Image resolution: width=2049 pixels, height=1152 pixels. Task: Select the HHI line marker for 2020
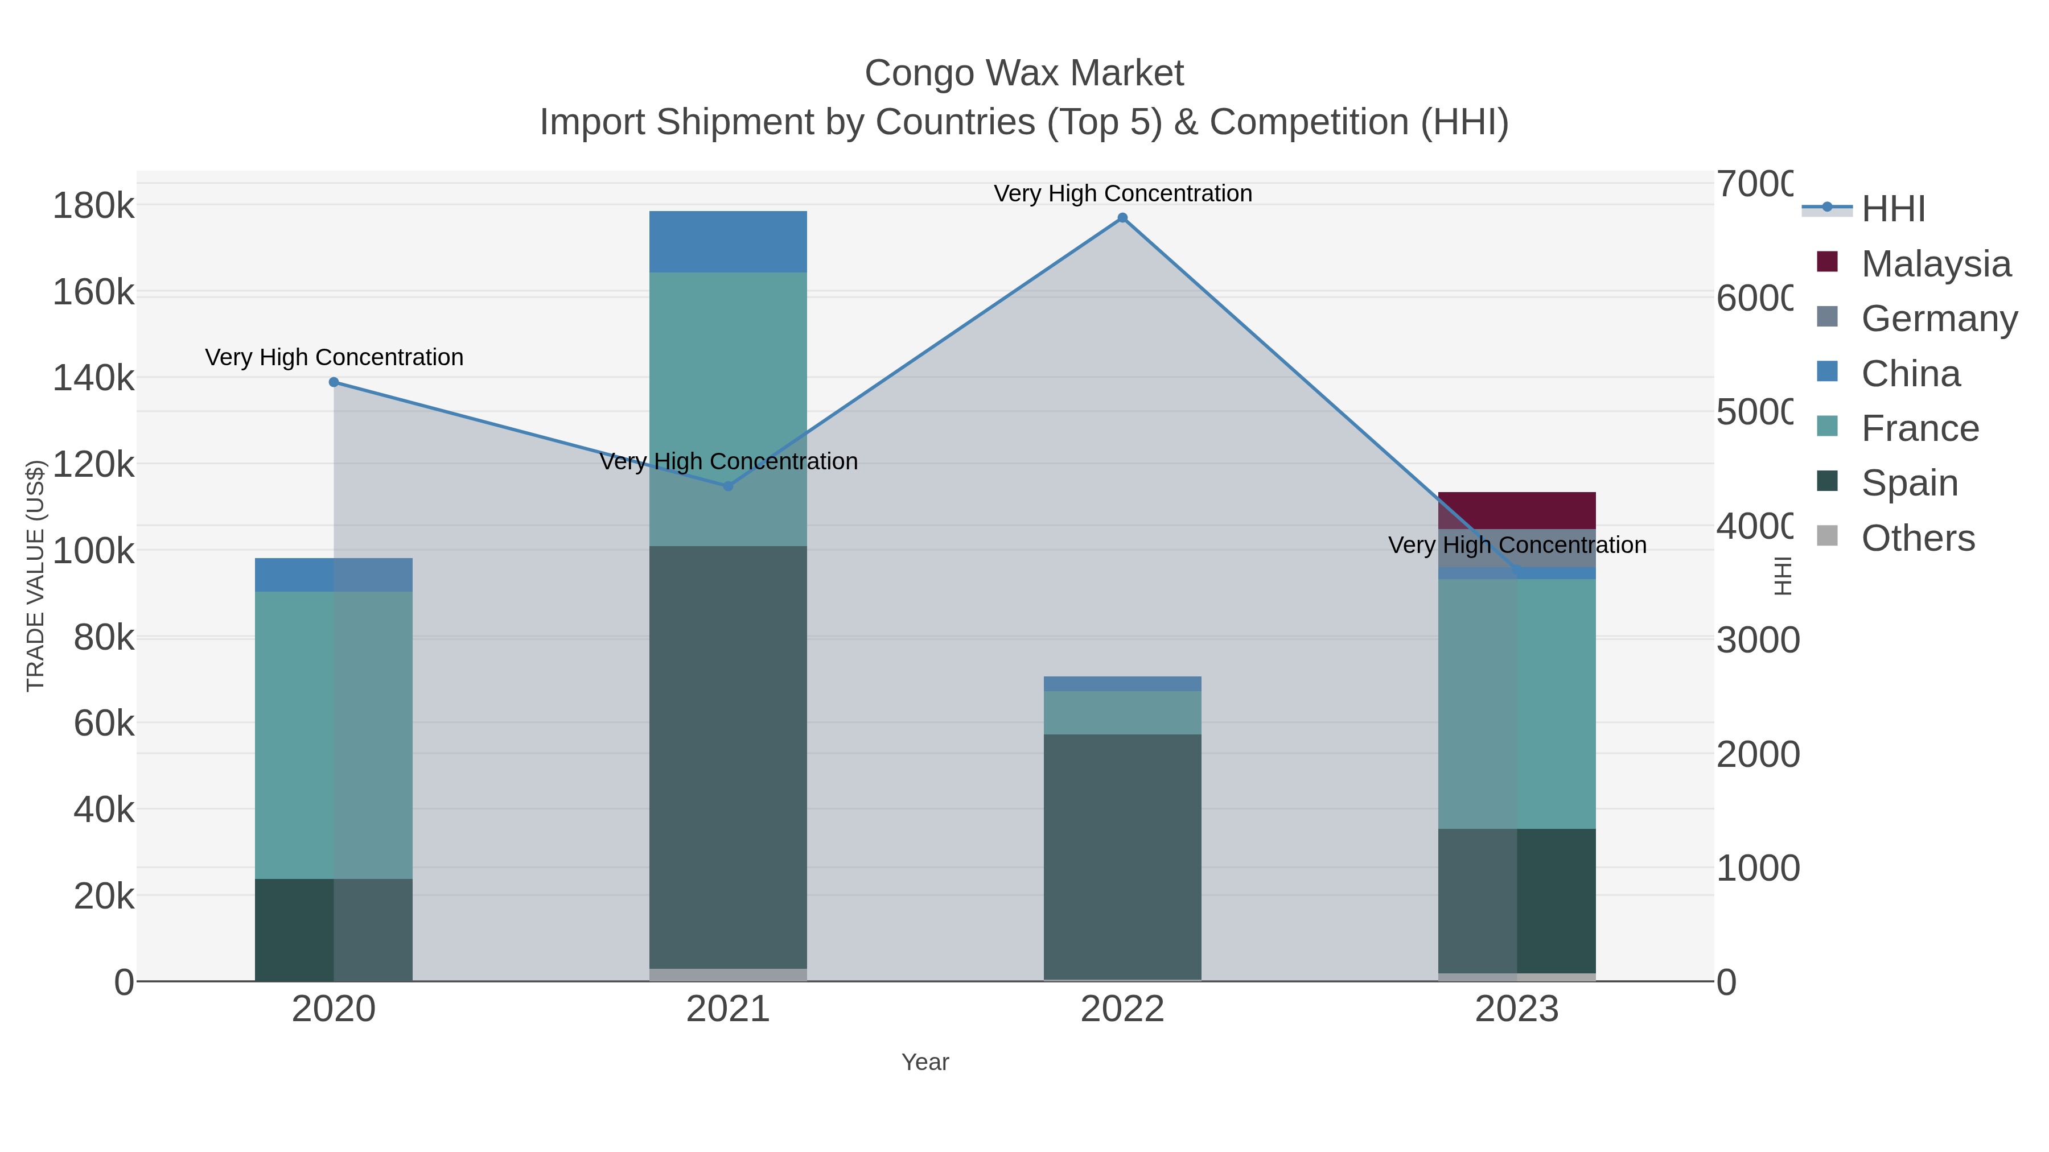[334, 382]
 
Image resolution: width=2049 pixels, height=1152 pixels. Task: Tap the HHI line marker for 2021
[728, 486]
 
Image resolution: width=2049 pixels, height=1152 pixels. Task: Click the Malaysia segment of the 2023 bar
[1516, 510]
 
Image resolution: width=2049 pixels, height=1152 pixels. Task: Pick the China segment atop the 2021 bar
[728, 242]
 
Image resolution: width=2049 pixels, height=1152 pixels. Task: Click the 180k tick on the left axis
[94, 207]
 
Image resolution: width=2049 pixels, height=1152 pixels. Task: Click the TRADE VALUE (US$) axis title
[36, 575]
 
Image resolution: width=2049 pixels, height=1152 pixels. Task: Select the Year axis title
[925, 1062]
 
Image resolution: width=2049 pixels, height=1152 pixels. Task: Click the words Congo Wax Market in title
[1024, 73]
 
